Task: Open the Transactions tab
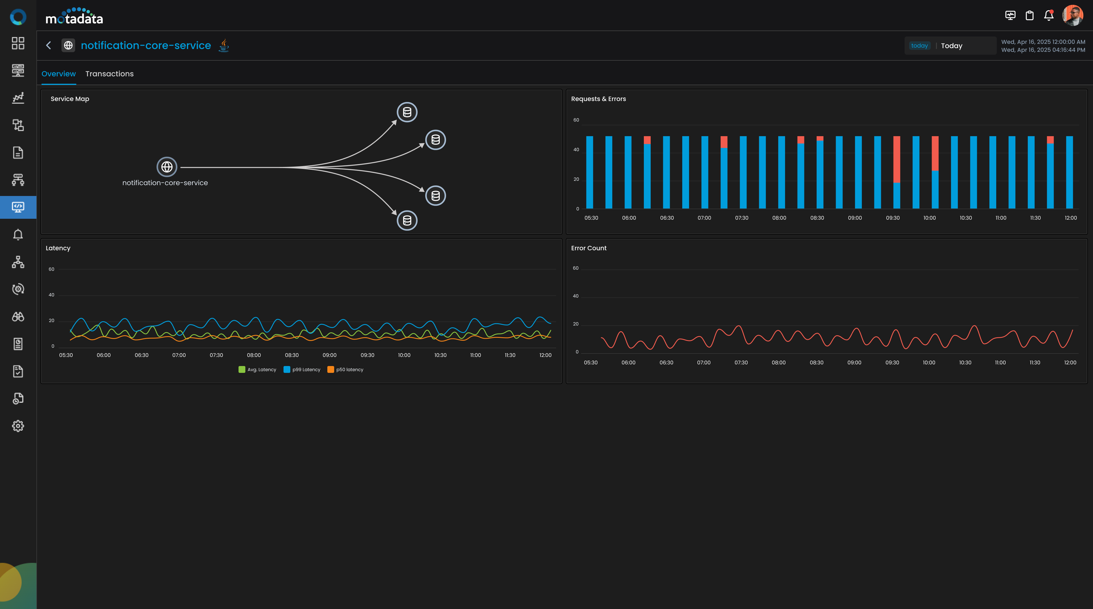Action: coord(110,74)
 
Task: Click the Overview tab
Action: coord(59,74)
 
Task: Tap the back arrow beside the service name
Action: coord(49,46)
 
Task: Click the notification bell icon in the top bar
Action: coord(1048,16)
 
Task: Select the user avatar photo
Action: coord(1072,16)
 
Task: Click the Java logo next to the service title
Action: coord(224,45)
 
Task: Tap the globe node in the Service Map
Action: coord(167,167)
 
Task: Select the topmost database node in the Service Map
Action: coord(407,112)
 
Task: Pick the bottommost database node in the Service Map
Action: coord(407,220)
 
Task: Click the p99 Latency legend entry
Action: coord(302,369)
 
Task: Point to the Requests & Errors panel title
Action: coord(598,99)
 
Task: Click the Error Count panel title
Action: coord(589,248)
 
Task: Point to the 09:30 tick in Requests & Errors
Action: coord(893,218)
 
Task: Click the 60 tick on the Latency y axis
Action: coord(51,269)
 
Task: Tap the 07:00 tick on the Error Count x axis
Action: coord(704,363)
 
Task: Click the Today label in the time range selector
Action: coord(951,46)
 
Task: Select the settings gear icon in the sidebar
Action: coord(18,426)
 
